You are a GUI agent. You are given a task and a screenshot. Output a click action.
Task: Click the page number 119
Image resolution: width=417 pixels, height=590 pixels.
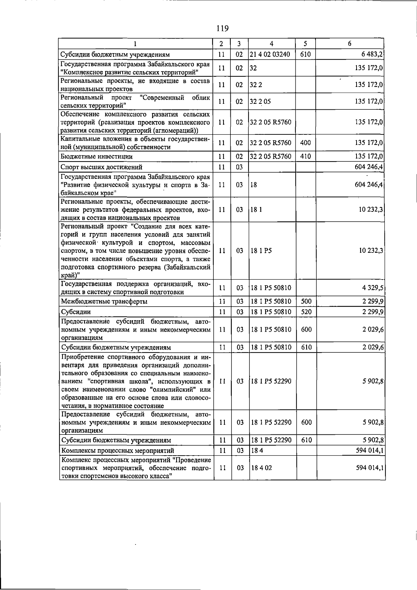coord(222,28)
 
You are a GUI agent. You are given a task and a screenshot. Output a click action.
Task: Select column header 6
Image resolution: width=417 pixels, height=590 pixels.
coord(350,44)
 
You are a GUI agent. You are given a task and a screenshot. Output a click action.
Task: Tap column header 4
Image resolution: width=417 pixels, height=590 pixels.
coord(271,44)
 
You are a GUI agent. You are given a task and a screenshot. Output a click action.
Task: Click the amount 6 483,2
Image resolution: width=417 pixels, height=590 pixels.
coord(371,55)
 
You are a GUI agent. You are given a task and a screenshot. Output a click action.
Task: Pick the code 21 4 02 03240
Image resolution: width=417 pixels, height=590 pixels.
coord(270,55)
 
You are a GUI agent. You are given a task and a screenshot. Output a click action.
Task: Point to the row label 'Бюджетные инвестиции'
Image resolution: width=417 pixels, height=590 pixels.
coord(97,157)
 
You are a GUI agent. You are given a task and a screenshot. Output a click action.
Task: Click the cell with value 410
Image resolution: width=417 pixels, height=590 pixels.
coord(305,157)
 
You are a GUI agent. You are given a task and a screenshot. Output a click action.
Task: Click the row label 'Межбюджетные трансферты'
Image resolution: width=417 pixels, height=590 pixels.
coord(104,301)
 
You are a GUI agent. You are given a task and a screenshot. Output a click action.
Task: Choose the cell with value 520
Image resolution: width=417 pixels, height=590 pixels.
coord(306,312)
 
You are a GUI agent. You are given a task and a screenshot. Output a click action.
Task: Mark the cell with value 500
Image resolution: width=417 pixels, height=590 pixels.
coord(306,301)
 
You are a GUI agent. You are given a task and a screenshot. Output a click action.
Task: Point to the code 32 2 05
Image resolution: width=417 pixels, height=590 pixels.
coord(260,101)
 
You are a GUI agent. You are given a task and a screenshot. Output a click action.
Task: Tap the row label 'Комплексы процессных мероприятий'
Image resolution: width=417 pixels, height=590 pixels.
coord(118,450)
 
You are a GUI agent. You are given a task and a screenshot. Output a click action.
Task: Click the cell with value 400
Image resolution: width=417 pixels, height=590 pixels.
coord(305,143)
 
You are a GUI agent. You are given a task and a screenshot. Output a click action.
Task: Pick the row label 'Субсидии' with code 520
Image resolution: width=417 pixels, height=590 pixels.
coord(76,312)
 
